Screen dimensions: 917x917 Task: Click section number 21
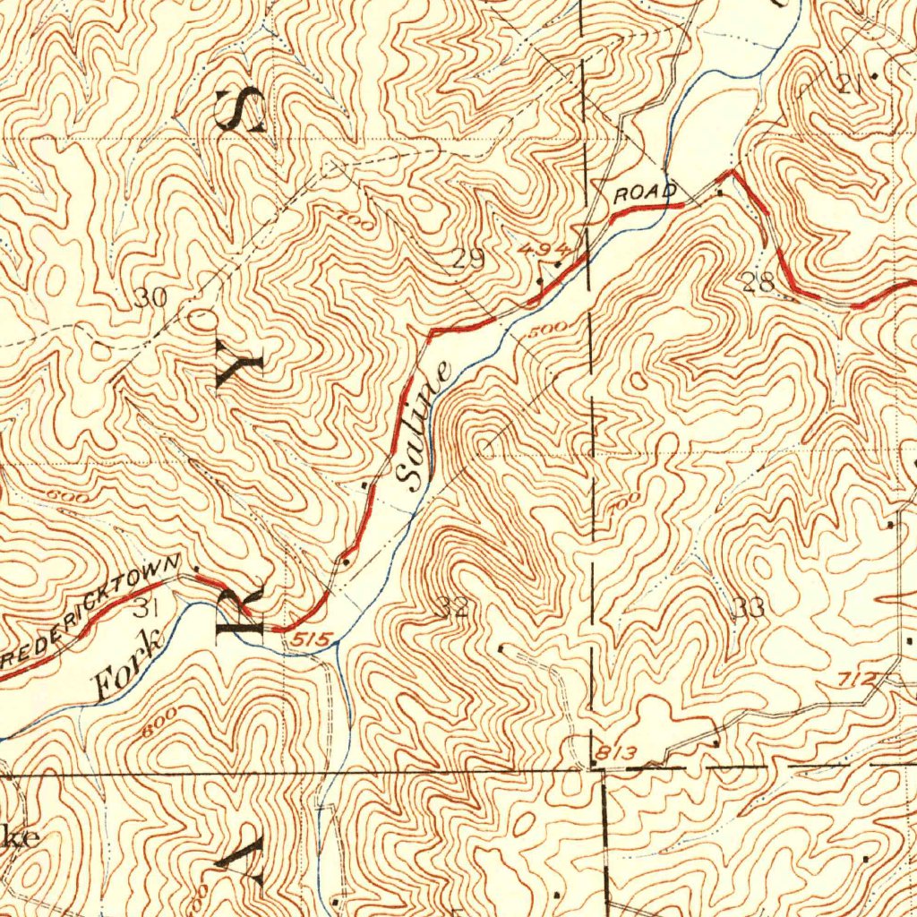(849, 85)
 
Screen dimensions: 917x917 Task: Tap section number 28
(758, 284)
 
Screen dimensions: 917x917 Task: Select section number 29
(467, 260)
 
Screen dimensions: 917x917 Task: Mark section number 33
(749, 609)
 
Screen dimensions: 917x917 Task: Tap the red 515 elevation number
(315, 638)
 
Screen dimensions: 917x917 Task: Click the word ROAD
(644, 192)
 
